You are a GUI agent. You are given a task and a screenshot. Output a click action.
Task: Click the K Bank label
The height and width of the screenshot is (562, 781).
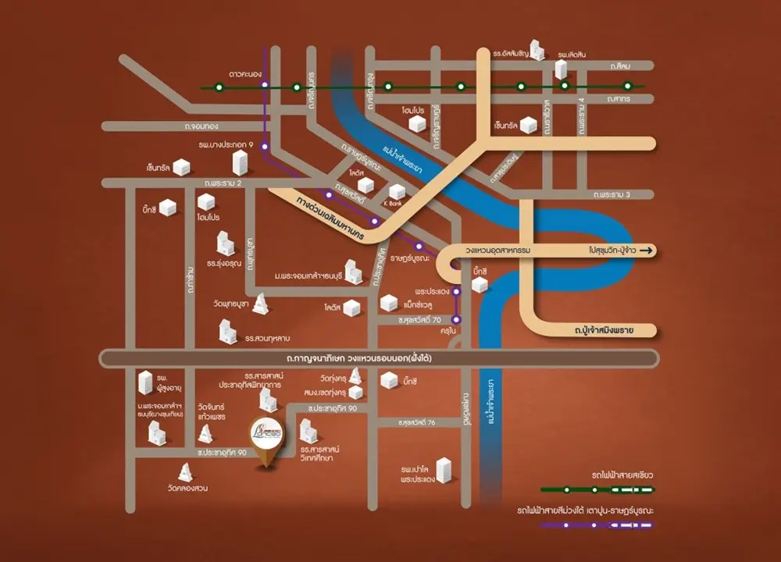(x=391, y=204)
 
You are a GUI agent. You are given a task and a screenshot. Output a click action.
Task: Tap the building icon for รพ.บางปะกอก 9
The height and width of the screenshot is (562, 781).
(x=239, y=162)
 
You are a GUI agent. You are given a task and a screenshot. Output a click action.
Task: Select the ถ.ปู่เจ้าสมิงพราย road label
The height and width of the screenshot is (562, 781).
(x=601, y=332)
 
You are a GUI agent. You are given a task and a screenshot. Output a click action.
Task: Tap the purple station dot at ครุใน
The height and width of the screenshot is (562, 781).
(x=458, y=318)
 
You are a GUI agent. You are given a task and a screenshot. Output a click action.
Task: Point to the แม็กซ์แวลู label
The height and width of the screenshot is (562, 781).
(x=423, y=303)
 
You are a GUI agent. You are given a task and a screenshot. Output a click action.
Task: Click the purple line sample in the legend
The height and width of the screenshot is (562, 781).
(x=597, y=525)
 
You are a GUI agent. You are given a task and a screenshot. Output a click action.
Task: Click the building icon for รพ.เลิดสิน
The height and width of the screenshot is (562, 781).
(x=560, y=68)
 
